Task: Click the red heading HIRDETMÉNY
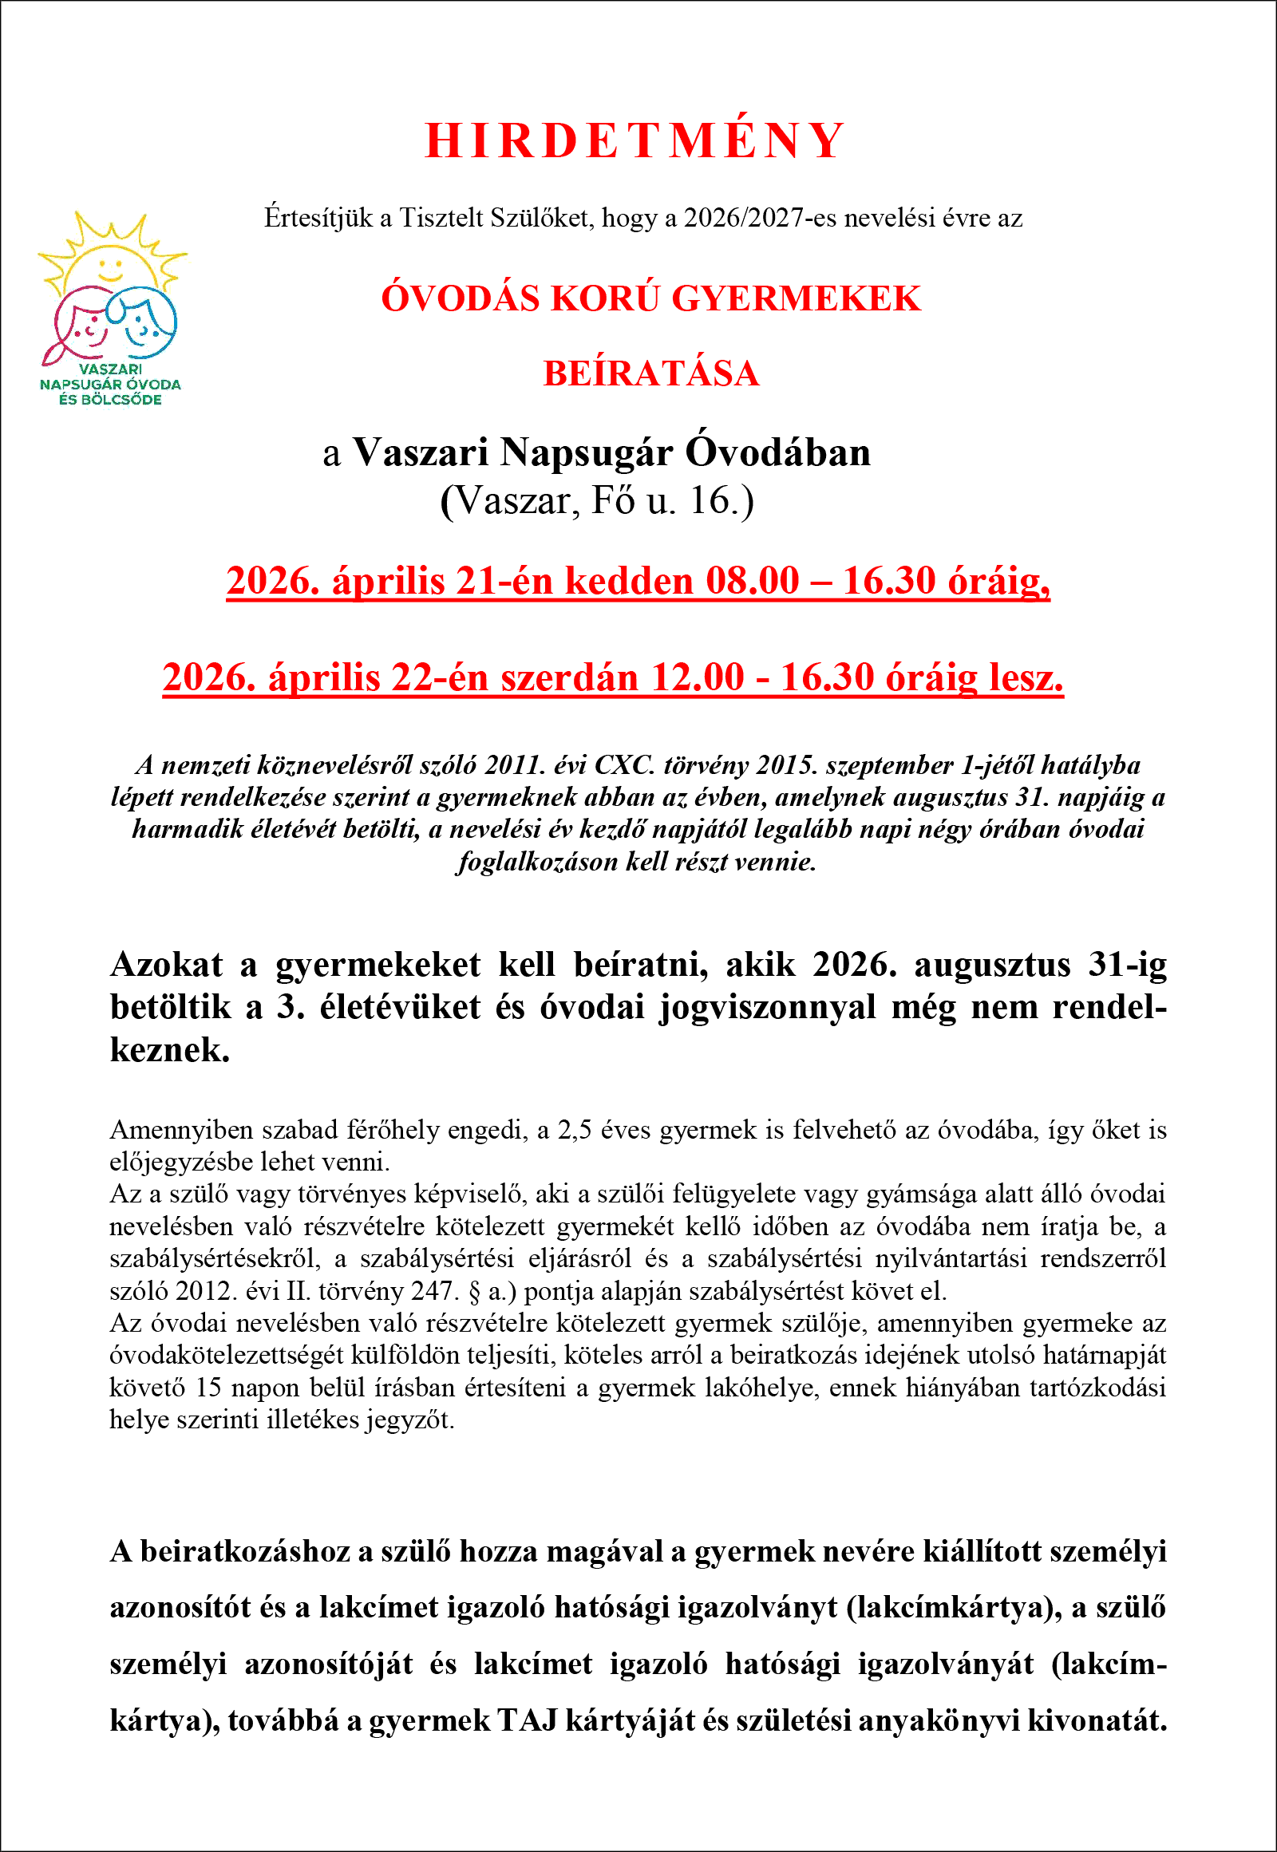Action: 635,140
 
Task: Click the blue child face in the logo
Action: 144,320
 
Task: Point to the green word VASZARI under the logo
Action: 110,369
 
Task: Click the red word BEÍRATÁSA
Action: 650,373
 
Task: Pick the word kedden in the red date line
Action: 629,581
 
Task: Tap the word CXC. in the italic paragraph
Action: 624,765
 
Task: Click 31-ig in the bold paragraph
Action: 1128,965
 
